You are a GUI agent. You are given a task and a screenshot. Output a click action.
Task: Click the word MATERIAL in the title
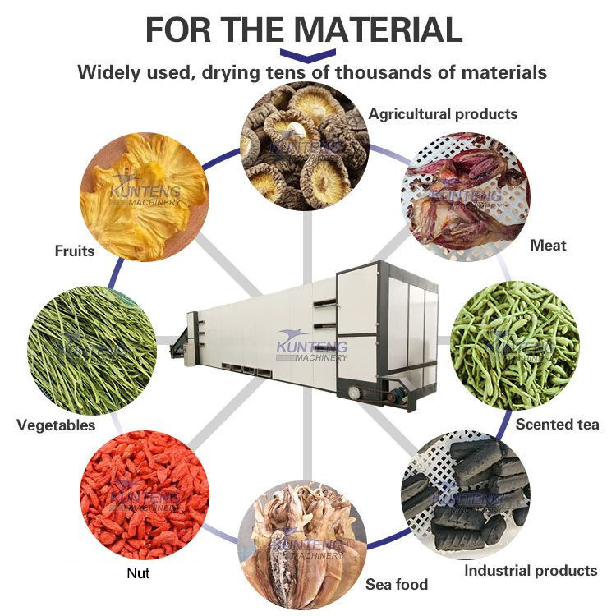(379, 30)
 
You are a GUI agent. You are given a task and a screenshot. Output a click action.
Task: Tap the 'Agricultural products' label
(443, 113)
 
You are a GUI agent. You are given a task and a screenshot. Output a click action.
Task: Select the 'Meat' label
(548, 245)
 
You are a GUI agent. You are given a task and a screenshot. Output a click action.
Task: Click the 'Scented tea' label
(557, 425)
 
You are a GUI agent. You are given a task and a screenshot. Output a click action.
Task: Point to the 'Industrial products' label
(531, 570)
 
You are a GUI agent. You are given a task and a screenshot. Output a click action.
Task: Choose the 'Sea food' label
(398, 585)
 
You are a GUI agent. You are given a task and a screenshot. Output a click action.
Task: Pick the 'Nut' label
(139, 573)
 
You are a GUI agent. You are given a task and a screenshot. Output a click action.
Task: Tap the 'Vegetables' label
(56, 425)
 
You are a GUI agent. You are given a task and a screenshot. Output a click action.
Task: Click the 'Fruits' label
(75, 251)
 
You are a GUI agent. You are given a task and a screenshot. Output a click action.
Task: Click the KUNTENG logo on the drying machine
(313, 344)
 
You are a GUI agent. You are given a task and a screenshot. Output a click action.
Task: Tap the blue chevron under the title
(303, 54)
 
